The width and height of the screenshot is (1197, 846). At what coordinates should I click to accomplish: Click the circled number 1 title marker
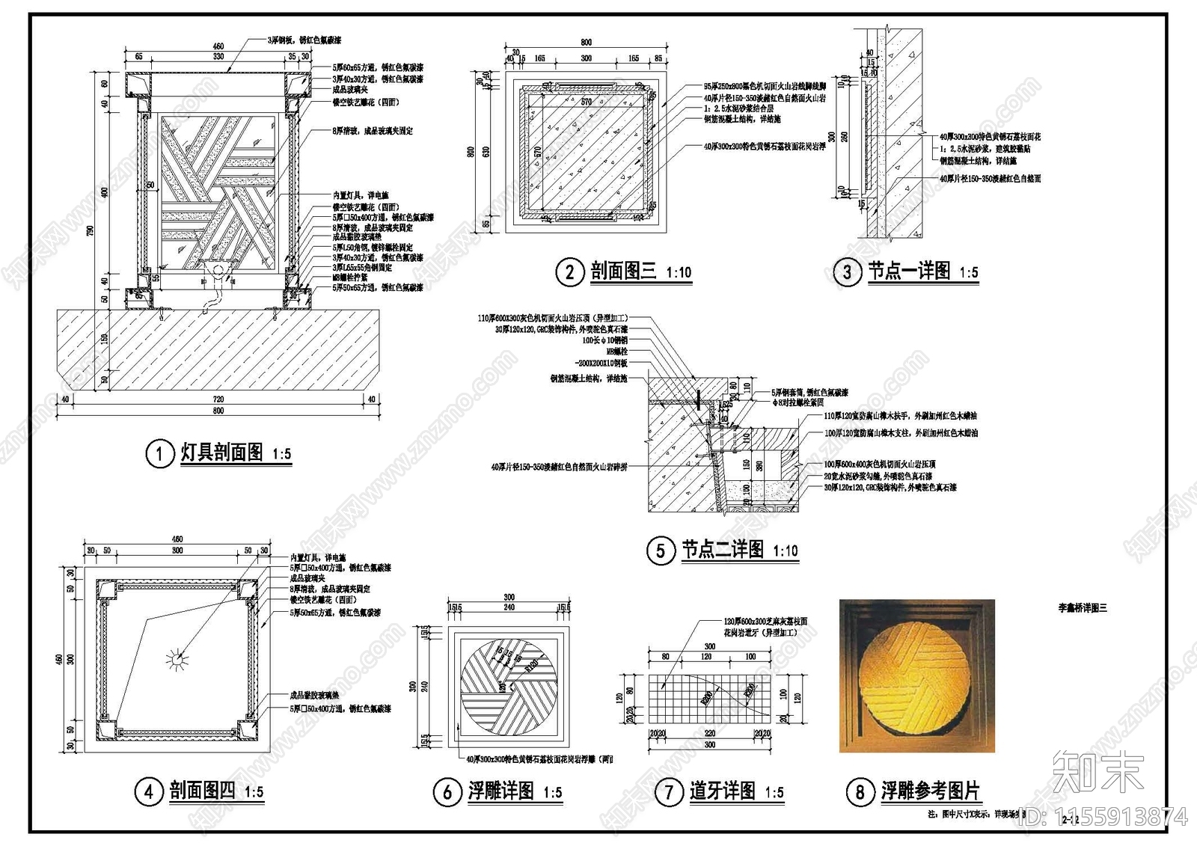click(x=159, y=453)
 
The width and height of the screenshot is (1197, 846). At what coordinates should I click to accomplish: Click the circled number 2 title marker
click(x=569, y=271)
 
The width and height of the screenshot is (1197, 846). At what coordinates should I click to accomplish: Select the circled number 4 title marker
click(x=148, y=791)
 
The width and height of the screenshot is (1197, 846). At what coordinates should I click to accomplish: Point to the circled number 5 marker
click(x=660, y=551)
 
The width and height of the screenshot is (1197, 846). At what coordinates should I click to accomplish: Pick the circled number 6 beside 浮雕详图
click(x=447, y=791)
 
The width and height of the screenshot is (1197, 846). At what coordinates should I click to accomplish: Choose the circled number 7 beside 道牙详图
click(x=668, y=791)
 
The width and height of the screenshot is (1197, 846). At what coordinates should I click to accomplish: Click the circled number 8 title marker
click(x=860, y=791)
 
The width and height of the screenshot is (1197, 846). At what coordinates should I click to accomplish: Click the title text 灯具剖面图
click(x=221, y=453)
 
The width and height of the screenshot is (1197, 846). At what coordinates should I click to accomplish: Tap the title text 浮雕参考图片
click(x=930, y=791)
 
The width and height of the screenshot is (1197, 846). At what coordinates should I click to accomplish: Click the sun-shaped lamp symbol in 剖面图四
click(x=178, y=659)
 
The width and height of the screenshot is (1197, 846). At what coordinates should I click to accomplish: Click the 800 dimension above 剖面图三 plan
click(x=586, y=43)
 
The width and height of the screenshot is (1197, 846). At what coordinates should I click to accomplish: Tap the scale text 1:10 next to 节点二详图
click(x=785, y=551)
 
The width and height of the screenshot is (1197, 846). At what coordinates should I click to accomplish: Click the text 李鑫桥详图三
click(x=1082, y=608)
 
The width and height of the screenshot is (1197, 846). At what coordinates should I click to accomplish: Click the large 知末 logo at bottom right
click(x=1097, y=772)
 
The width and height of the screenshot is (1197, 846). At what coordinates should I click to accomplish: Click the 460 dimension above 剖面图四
click(x=177, y=539)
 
